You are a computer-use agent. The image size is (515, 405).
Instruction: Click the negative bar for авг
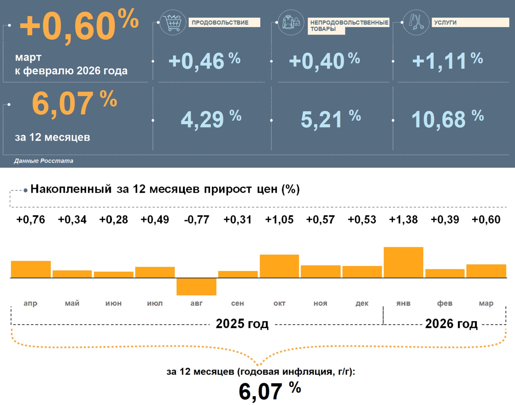point(196,286)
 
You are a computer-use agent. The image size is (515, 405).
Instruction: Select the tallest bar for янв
point(403,262)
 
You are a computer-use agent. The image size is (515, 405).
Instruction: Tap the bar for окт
point(279,266)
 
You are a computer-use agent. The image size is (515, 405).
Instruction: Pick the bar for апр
point(31,269)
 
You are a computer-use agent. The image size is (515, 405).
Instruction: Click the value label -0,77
point(196,220)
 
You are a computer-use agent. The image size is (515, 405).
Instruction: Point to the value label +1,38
point(403,220)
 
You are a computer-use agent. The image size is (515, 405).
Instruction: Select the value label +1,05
point(279,220)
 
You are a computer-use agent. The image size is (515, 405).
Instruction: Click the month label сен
point(237,303)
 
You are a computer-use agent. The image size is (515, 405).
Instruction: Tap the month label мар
point(486,303)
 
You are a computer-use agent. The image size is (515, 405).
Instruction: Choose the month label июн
point(114,303)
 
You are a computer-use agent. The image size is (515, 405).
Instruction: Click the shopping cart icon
point(173,22)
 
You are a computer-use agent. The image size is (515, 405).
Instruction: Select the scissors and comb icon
point(416,22)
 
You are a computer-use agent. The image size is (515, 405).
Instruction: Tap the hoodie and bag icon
point(291,22)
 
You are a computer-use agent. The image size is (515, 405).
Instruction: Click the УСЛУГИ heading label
point(445,22)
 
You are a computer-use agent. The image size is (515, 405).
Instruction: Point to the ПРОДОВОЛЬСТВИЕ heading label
point(220,22)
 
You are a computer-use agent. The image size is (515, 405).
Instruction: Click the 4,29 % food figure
point(211,119)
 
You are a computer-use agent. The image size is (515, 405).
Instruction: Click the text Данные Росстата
point(44,161)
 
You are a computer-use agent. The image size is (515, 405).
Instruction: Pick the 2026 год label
point(451,324)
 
